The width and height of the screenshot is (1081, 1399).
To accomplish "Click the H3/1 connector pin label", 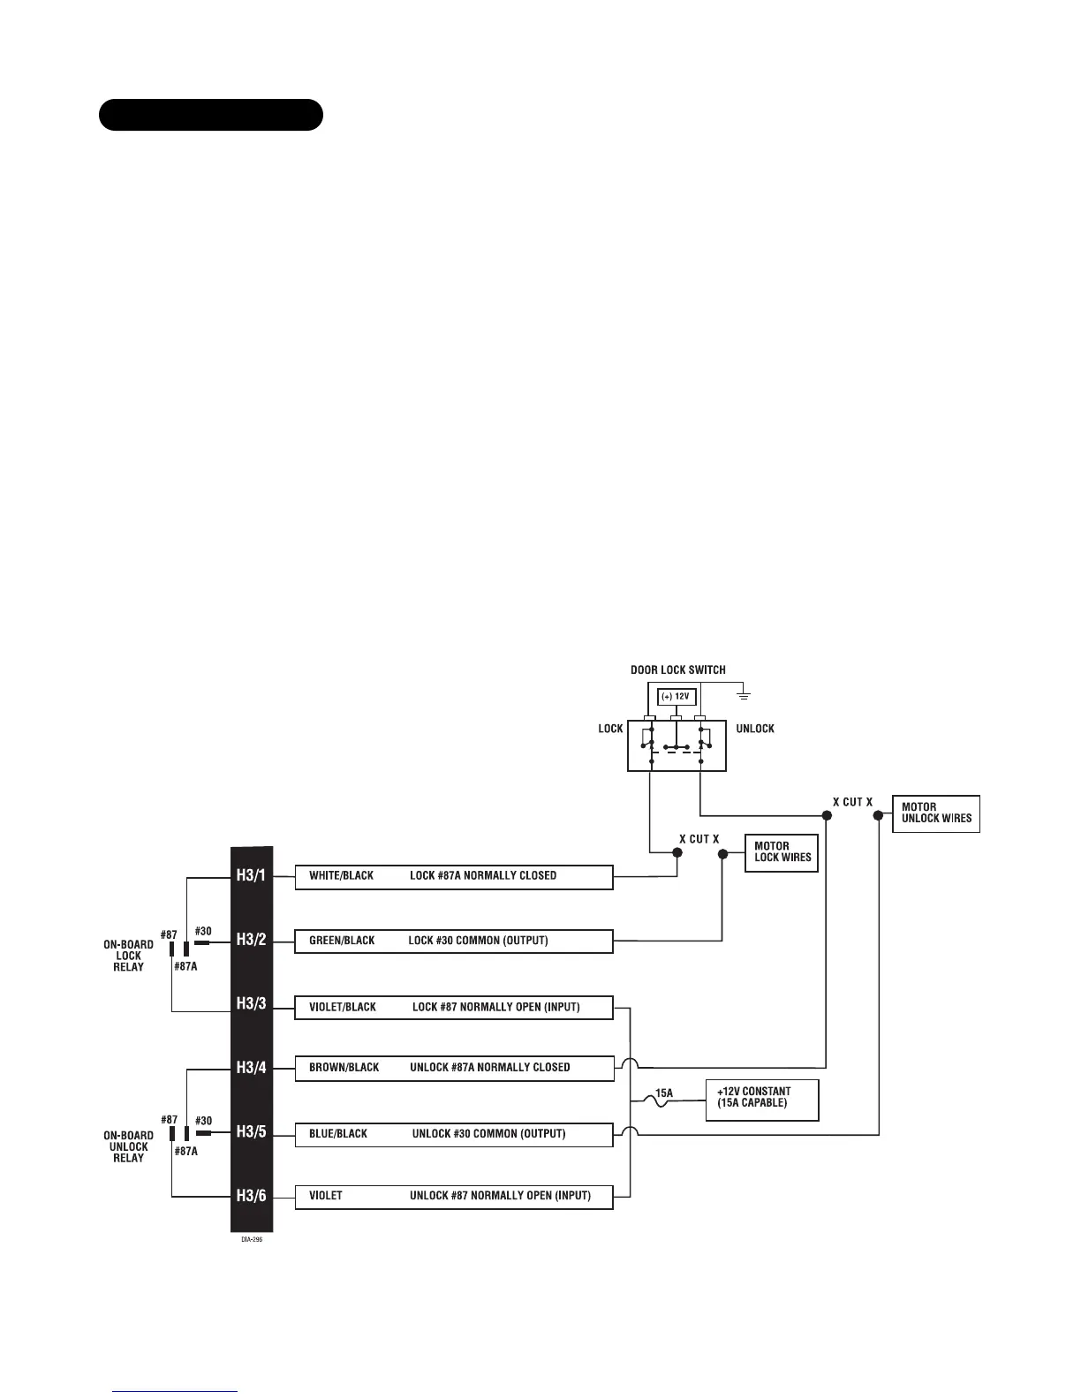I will click(251, 876).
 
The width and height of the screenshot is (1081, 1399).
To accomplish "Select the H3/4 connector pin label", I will click(251, 1068).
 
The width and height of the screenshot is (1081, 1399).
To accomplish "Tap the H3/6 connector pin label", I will click(251, 1197).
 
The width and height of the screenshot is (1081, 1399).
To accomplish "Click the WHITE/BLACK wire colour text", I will click(341, 876).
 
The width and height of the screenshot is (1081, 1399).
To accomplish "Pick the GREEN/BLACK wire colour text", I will click(342, 941).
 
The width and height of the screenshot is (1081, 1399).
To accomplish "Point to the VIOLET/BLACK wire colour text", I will click(343, 1007).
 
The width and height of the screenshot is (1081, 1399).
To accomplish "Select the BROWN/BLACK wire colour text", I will click(344, 1068).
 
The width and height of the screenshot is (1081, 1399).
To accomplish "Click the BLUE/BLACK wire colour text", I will click(338, 1133).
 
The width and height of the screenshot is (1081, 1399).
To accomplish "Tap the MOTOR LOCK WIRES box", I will click(782, 852).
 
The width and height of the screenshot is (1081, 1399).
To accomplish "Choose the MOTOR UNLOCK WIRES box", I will click(936, 813).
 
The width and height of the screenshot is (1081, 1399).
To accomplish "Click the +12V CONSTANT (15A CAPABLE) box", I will click(761, 1100).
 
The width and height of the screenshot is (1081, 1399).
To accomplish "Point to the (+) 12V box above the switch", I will click(676, 697).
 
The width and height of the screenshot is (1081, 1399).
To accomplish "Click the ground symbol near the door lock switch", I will click(744, 696).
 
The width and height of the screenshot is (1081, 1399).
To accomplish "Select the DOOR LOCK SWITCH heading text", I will click(677, 669).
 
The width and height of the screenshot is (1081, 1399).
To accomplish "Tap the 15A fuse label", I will click(664, 1093).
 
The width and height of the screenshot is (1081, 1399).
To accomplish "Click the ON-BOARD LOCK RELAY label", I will click(128, 956).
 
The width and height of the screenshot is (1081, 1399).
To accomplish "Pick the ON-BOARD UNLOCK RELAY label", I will click(128, 1146).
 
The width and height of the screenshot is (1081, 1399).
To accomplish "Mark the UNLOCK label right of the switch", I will click(754, 729).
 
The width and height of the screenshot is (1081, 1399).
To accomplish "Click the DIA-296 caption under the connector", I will click(252, 1239).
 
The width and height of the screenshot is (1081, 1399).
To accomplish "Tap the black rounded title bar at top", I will click(210, 115).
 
